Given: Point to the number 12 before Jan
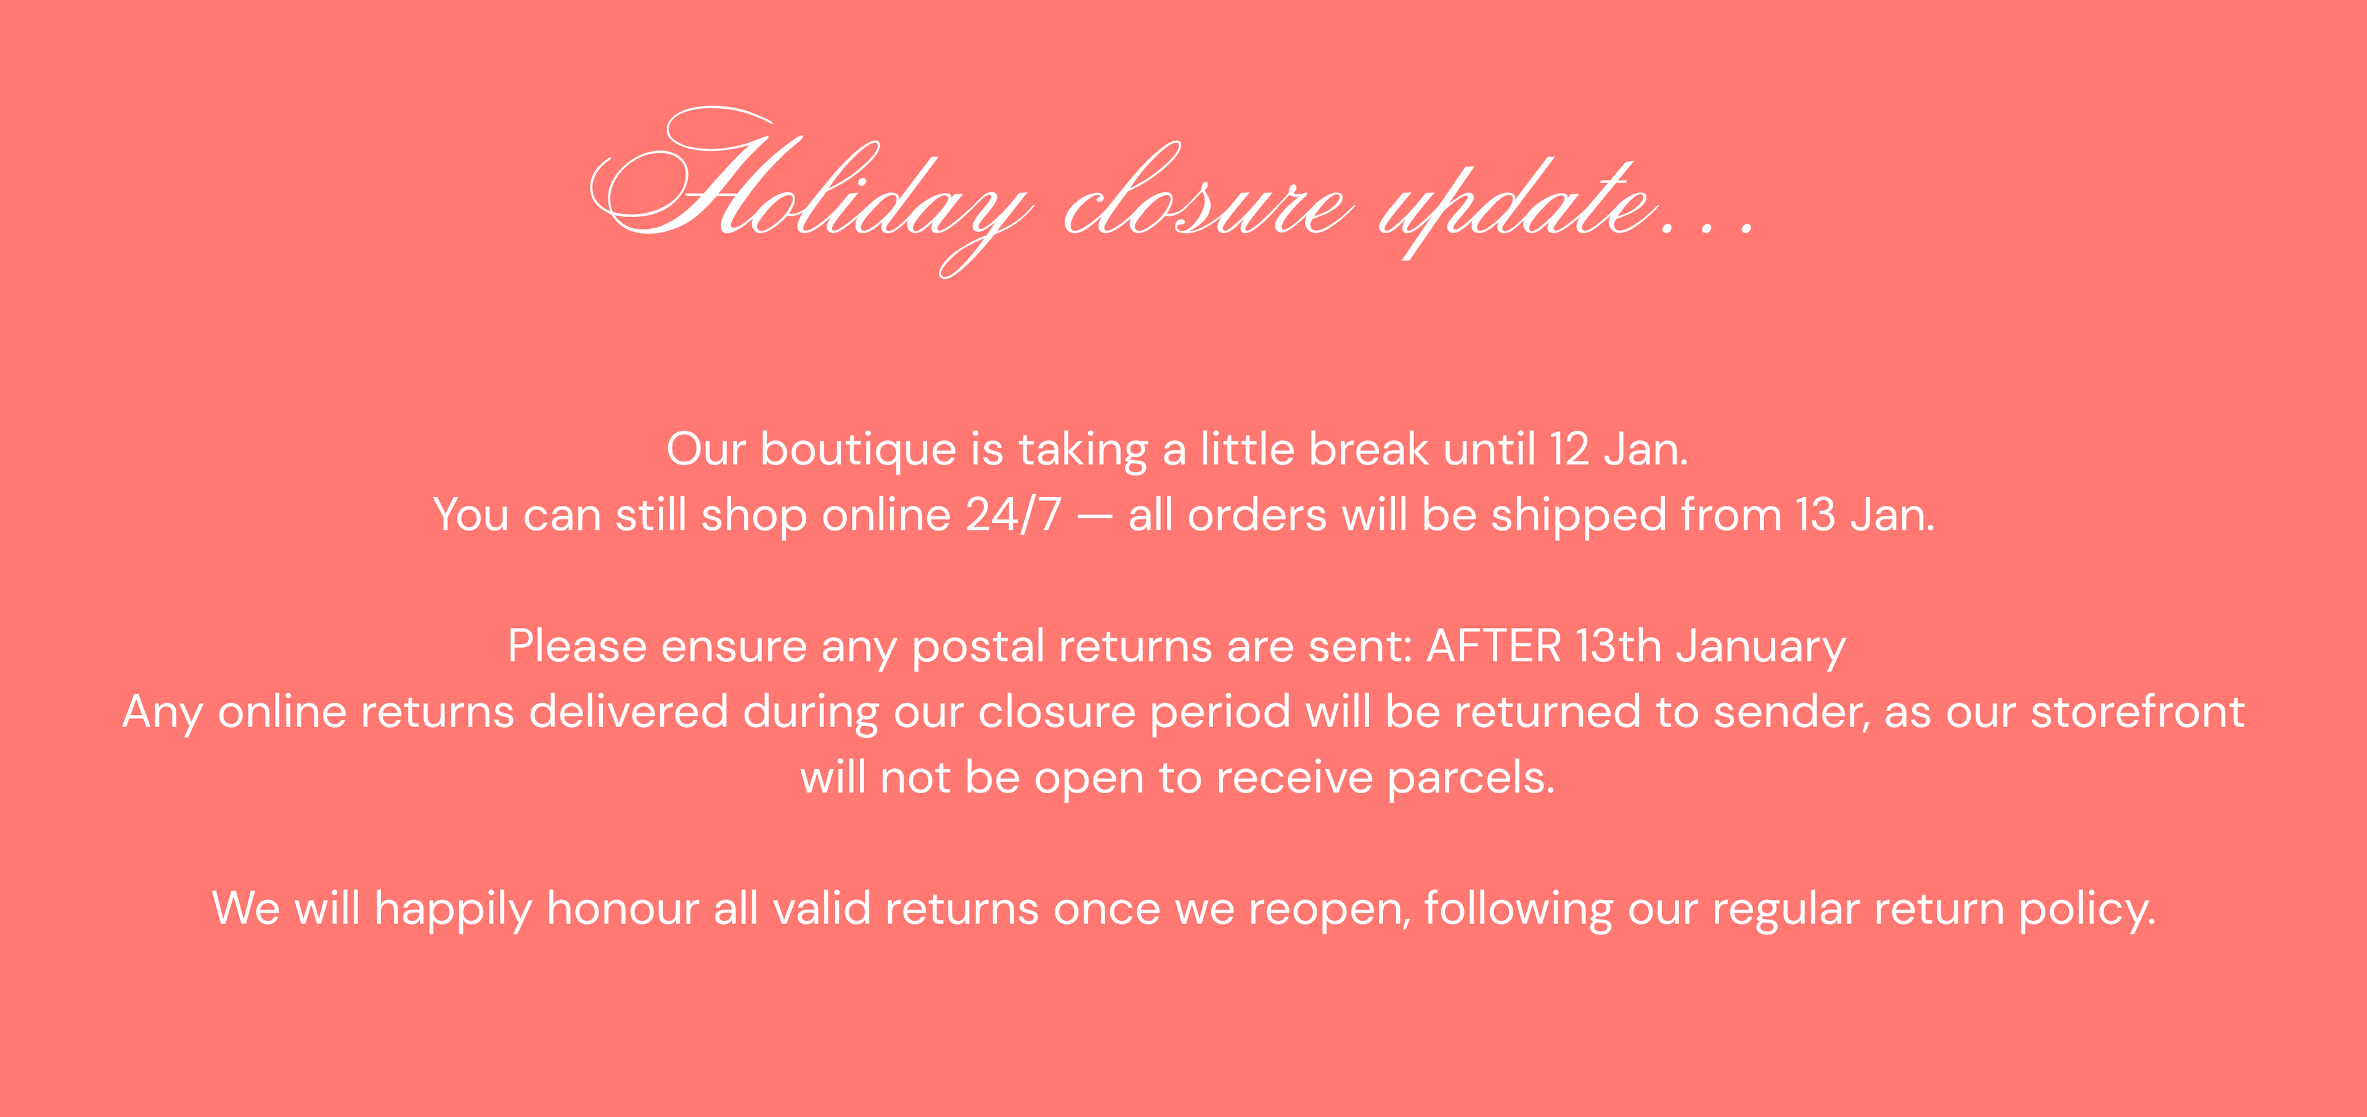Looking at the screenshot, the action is click(x=1569, y=450).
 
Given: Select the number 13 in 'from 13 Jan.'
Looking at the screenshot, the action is click(x=1816, y=515).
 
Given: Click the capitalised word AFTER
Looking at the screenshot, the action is click(x=1493, y=646).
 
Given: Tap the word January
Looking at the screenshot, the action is click(x=1760, y=648).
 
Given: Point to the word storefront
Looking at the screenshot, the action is click(x=2137, y=712).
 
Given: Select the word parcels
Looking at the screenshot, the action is click(x=1470, y=780).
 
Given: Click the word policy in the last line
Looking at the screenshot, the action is click(x=2087, y=910).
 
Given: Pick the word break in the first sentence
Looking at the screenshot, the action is click(x=1368, y=450).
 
